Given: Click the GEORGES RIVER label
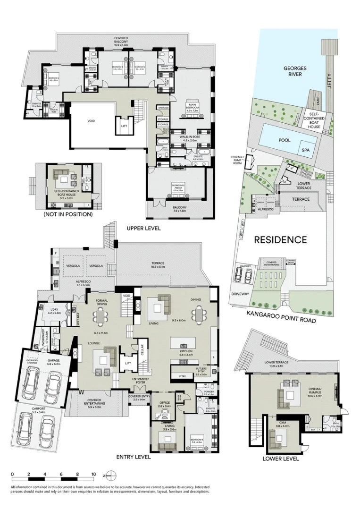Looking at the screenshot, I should (x=295, y=71).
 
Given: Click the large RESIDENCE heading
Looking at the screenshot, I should (x=280, y=240).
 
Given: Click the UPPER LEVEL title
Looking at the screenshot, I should (x=144, y=228).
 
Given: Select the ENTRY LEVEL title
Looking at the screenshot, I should (x=134, y=457).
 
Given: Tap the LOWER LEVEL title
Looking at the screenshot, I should (x=282, y=459).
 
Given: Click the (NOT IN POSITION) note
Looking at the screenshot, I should (x=68, y=214).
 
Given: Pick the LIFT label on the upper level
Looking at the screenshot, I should (x=124, y=127).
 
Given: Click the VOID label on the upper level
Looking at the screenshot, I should (x=91, y=121).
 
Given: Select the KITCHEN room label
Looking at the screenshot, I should (x=185, y=352).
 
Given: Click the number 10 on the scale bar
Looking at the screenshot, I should (x=93, y=474).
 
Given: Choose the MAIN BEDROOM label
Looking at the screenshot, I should (x=192, y=107).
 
